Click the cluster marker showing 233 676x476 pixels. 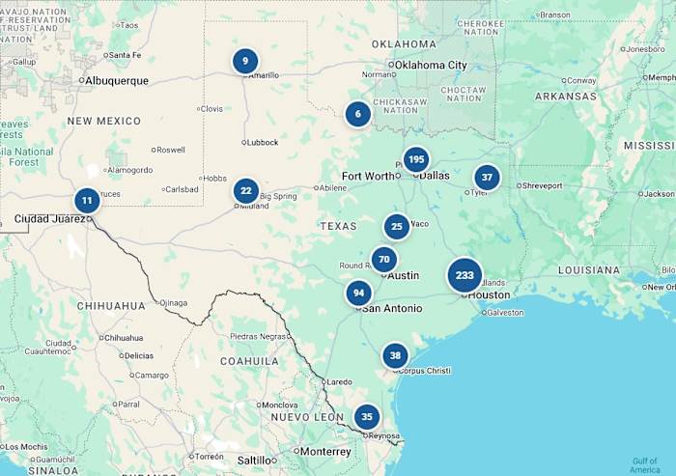[465, 275]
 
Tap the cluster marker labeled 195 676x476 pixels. [416, 159]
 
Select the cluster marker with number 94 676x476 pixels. [359, 293]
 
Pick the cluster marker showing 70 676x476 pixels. [384, 260]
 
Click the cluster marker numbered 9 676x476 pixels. [245, 61]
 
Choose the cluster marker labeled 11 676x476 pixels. [87, 201]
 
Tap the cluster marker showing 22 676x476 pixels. [246, 190]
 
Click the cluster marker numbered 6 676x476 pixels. [358, 113]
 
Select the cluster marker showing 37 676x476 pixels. [488, 178]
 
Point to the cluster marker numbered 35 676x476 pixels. [366, 417]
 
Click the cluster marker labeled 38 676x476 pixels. [395, 355]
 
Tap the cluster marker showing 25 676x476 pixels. [397, 227]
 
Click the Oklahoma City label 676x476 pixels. [431, 65]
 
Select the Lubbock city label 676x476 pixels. [263, 142]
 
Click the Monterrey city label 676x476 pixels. [324, 451]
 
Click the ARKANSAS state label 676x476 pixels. [566, 97]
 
